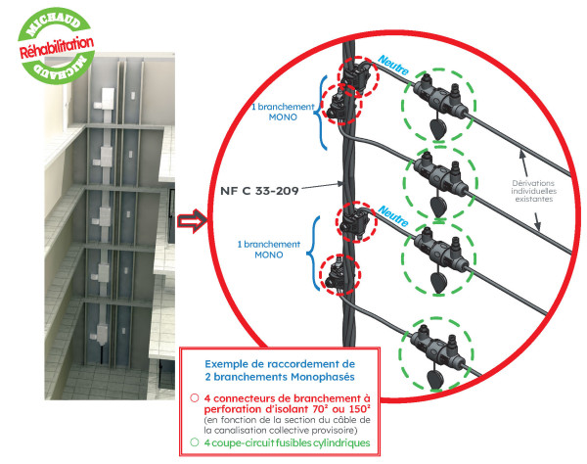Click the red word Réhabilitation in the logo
58,47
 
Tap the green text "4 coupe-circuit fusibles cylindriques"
289,443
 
